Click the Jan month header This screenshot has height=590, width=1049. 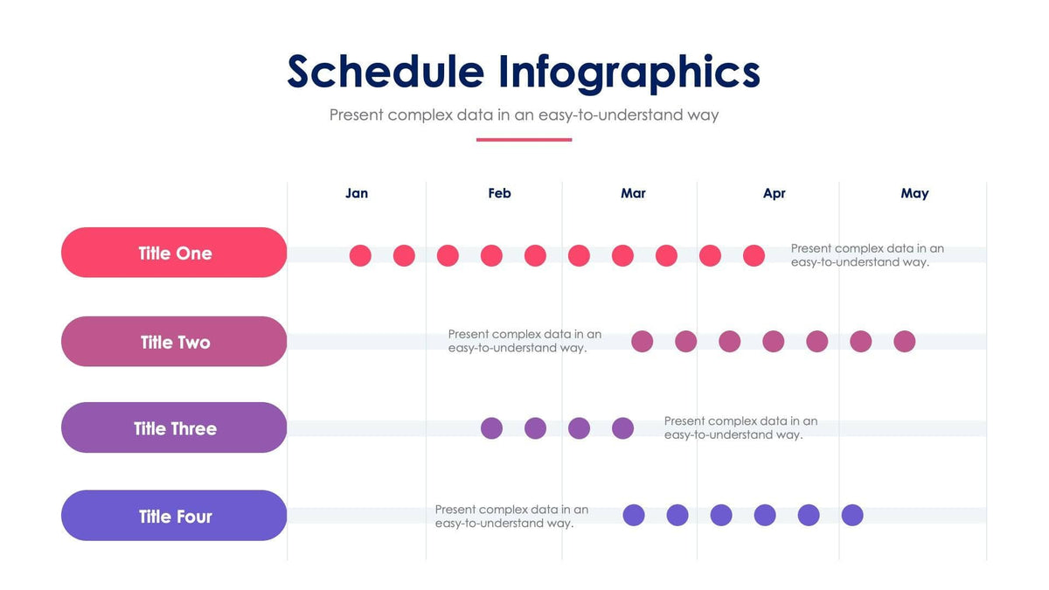357,193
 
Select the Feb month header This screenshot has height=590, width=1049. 499,193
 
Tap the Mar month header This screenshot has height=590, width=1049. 633,193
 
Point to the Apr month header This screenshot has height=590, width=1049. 774,193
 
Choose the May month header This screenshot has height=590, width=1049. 914,193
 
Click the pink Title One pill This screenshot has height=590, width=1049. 174,253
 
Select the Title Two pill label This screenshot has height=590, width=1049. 175,342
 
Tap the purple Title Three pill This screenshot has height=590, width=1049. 174,428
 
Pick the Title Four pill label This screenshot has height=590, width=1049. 175,517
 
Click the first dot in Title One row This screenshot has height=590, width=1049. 360,255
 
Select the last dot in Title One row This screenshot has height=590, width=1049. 754,255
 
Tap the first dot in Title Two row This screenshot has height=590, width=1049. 642,341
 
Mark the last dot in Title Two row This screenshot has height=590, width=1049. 905,341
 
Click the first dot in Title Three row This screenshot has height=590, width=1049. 491,428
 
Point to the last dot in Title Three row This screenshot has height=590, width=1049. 622,428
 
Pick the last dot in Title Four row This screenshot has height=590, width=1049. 852,515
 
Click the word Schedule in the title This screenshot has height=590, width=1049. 385,72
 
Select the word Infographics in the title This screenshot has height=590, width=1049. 629,72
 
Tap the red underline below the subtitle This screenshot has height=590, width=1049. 524,140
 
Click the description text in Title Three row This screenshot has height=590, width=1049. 740,427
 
